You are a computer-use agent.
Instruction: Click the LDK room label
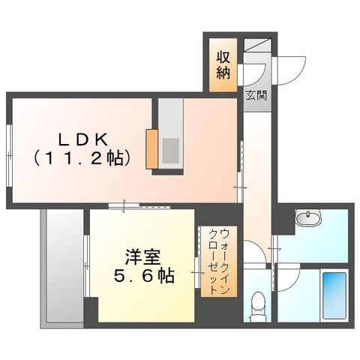coord(83,140)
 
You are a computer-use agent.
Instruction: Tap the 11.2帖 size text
coord(82,158)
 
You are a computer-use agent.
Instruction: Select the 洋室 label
coord(142,257)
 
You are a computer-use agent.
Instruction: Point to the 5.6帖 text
coord(144,276)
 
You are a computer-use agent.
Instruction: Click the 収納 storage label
coord(223,65)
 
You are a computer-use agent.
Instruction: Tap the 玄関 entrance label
coord(256,95)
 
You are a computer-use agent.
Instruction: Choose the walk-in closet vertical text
coord(219,261)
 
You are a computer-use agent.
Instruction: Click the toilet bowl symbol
coord(258,307)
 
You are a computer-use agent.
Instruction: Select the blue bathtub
coord(334,295)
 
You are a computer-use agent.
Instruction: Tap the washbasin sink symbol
coord(308,217)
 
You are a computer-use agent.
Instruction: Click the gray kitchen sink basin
coord(171,151)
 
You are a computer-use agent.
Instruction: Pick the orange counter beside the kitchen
coord(151,149)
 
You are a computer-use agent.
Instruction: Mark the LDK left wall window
coord(9,155)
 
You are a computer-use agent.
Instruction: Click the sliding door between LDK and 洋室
coord(139,205)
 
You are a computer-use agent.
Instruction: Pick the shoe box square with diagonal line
coord(257,45)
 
